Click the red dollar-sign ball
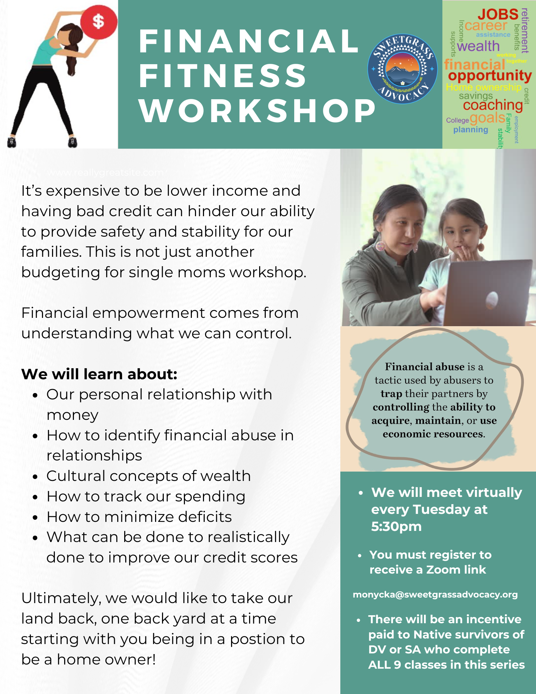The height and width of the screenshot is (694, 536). point(99,22)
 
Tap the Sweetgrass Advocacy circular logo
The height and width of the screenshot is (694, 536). point(402,69)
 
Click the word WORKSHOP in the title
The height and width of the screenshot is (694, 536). point(257,111)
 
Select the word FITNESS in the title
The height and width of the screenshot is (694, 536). point(223,76)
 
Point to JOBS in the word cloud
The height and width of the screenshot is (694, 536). point(498,15)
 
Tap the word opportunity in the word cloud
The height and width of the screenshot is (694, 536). point(490,76)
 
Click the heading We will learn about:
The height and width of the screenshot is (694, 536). point(99,374)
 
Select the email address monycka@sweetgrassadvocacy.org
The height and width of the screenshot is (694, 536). point(435,595)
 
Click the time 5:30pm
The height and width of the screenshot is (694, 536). point(396,526)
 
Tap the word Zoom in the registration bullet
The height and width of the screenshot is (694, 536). point(445,570)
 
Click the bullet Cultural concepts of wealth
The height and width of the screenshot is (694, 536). point(148,476)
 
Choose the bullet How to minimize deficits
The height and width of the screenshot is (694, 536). point(139,517)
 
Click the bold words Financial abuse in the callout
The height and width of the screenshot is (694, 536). point(425,367)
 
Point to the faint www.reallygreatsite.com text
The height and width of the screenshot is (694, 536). point(105,172)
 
